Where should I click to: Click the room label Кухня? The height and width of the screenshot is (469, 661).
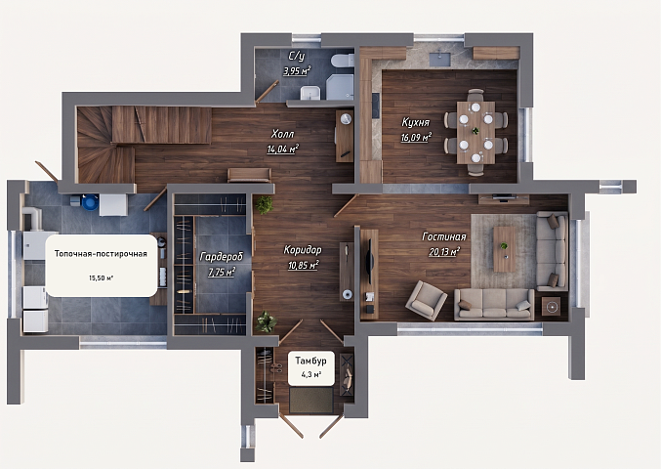tap(415, 123)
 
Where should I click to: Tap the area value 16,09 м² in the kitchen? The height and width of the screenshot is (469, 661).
tap(416, 138)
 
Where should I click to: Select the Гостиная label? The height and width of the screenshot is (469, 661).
tap(444, 237)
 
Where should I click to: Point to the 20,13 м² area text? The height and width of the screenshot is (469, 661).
tap(444, 252)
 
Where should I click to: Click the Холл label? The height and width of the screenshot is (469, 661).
tap(283, 134)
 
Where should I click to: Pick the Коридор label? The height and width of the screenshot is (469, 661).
tap(303, 250)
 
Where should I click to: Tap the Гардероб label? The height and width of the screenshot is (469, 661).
tap(222, 257)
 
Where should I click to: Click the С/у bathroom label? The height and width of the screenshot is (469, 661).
tap(297, 56)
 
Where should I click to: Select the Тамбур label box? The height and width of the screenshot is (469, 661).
tap(311, 367)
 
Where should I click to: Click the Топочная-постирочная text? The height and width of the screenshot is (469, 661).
tap(101, 254)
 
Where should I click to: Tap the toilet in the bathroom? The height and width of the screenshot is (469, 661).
tap(343, 61)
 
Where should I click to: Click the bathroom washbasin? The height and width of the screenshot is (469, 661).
tap(310, 93)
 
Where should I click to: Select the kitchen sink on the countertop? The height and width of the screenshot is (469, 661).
tap(440, 58)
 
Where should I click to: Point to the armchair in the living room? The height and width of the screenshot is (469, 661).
tap(427, 300)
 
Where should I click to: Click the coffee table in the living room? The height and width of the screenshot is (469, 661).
tap(505, 249)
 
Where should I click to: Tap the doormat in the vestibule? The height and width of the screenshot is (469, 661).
tap(311, 401)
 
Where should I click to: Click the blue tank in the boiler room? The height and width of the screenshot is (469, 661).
tap(90, 202)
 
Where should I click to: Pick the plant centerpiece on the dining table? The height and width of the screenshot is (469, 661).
tap(475, 131)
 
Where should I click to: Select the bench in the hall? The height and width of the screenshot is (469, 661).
tap(249, 175)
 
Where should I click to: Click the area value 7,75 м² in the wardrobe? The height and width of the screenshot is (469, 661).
tap(222, 272)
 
